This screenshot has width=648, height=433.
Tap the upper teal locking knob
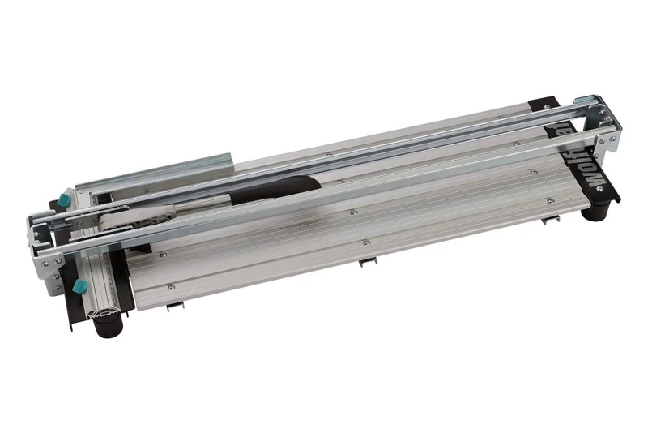point(64,199)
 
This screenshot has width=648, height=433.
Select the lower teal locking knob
point(79,287)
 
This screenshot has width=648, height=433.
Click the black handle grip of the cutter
point(267,191)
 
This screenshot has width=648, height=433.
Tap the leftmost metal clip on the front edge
point(175,307)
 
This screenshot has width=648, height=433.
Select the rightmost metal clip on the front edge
point(552,221)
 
